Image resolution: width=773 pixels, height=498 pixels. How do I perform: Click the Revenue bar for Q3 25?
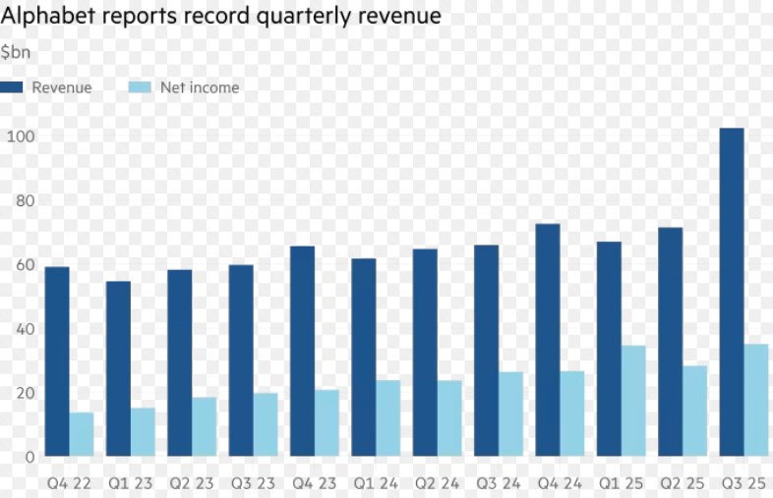pos(732,292)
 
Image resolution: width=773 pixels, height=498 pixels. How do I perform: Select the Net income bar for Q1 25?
pos(633,401)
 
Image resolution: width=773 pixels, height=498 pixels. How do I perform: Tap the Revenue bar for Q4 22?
pos(57,361)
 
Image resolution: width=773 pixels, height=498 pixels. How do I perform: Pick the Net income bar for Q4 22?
pos(82,434)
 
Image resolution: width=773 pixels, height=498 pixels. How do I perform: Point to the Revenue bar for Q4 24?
pos(548,340)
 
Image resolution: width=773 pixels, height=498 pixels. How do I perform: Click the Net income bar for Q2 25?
pos(694,411)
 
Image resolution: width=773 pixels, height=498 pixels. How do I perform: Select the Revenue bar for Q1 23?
pos(118,368)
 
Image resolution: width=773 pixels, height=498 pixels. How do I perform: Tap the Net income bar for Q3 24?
pos(510,414)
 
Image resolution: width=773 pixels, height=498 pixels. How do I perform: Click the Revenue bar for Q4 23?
pos(303,351)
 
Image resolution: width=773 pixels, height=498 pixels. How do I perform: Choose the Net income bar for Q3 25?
pos(756,400)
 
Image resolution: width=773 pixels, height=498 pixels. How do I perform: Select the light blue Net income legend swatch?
pos(141,87)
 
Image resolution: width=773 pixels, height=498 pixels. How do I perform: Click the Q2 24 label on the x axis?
pos(437,483)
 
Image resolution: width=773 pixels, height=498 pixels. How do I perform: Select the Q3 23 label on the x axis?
pos(253,483)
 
